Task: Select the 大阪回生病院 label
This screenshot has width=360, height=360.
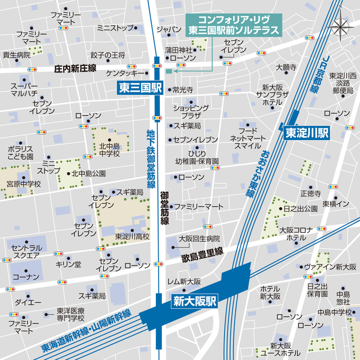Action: coord(199,238)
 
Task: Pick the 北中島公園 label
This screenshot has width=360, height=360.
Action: coord(88,174)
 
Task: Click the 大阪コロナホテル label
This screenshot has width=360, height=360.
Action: coord(295,234)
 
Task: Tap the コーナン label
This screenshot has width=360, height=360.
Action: coord(26,277)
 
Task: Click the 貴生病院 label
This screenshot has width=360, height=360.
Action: coord(16,55)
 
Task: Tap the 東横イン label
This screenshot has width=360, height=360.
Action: coord(335,204)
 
